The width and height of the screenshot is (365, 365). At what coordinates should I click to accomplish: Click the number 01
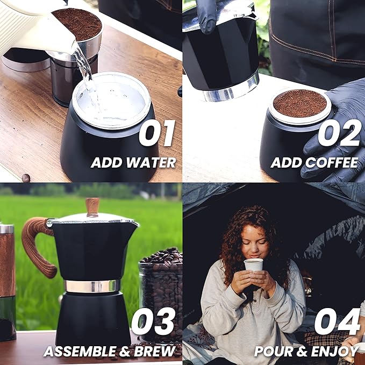coord(156,134)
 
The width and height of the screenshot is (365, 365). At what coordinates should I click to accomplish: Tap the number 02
coord(339,133)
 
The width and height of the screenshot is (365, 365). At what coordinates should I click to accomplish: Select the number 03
coord(153,322)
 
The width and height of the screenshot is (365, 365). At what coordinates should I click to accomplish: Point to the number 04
coord(337,321)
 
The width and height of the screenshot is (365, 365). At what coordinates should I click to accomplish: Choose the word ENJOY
coord(337,352)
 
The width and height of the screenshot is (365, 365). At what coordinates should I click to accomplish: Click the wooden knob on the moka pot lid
coord(92,206)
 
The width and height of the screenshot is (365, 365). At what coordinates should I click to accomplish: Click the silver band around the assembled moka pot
coord(92,286)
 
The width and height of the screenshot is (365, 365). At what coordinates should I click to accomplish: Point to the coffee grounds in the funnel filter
coord(300,103)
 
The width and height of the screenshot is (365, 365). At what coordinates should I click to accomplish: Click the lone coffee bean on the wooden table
coord(26,177)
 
